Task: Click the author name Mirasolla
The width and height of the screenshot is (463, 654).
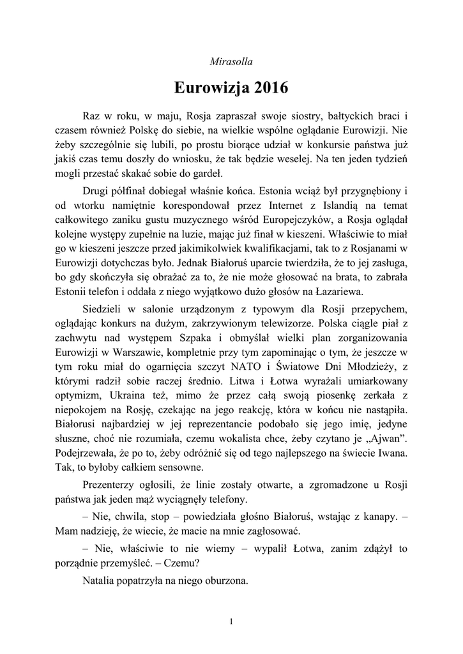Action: (231, 62)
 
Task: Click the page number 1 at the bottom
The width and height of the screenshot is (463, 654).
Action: (231, 623)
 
